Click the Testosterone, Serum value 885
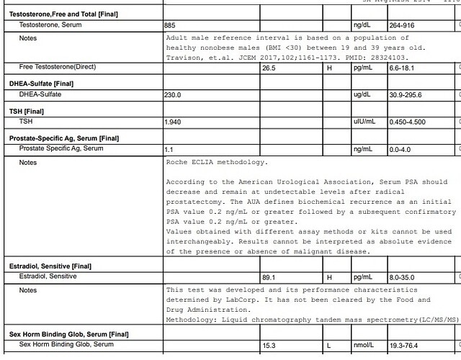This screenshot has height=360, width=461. pyautogui.click(x=171, y=24)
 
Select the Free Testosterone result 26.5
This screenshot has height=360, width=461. pyautogui.click(x=269, y=68)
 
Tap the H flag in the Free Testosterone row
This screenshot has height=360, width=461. pyautogui.click(x=329, y=68)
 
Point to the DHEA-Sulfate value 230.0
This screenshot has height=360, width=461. pyautogui.click(x=173, y=94)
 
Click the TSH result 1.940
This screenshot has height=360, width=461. pyautogui.click(x=173, y=122)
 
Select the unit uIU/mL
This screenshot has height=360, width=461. pyautogui.click(x=364, y=122)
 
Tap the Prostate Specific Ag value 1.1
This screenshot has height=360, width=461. pyautogui.click(x=169, y=148)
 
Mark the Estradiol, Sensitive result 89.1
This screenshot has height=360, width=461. pyautogui.click(x=269, y=276)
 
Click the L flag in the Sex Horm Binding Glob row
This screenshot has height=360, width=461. pyautogui.click(x=329, y=346)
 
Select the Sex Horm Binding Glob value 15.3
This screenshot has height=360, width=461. pyautogui.click(x=269, y=346)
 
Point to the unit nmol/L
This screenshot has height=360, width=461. pyautogui.click(x=364, y=346)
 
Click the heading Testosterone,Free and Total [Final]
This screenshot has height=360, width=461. pyautogui.click(x=63, y=14)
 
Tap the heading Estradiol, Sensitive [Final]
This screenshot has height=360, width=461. pyautogui.click(x=50, y=266)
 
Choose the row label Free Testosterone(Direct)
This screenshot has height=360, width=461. pyautogui.click(x=58, y=68)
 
